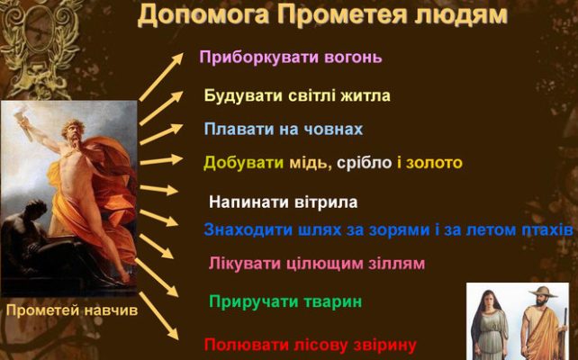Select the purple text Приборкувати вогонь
point(291,58)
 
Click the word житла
point(366,95)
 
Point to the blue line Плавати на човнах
point(284,129)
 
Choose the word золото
point(434,163)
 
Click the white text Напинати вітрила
point(283,202)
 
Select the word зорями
point(399,229)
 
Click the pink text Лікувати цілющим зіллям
point(317,264)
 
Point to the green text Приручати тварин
point(285,301)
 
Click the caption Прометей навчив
point(72,310)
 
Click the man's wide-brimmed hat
point(543,292)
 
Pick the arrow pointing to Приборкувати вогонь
point(161,76)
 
